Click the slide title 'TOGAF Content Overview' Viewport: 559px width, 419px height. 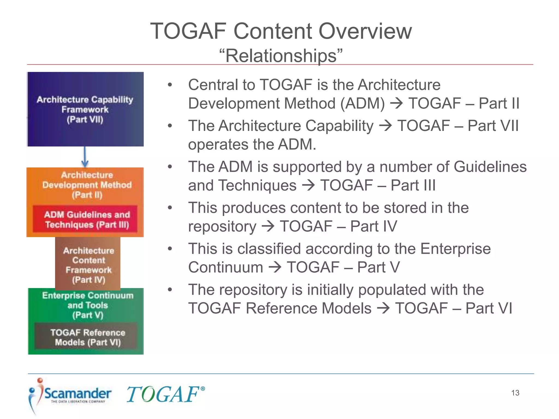coord(281,31)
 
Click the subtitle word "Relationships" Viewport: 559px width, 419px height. coord(281,56)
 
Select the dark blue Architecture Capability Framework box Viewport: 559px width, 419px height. coord(85,109)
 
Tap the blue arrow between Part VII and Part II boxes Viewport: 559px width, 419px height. coord(85,157)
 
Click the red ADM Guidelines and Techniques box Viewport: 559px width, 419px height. coord(85,219)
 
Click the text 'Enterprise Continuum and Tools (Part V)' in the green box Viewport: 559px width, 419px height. coord(87,305)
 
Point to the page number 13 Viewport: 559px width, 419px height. coord(515,393)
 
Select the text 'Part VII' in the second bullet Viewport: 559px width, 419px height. coord(493,126)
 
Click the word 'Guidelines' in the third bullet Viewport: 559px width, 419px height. coord(490,167)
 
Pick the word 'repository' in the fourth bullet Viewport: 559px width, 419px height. coord(222,226)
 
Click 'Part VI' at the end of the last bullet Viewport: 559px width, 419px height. coord(489,308)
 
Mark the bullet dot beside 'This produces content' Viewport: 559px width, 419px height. coord(170,208)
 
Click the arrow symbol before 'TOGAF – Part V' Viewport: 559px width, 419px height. coord(275,267)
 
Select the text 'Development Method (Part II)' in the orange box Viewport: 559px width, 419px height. coord(87,190)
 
